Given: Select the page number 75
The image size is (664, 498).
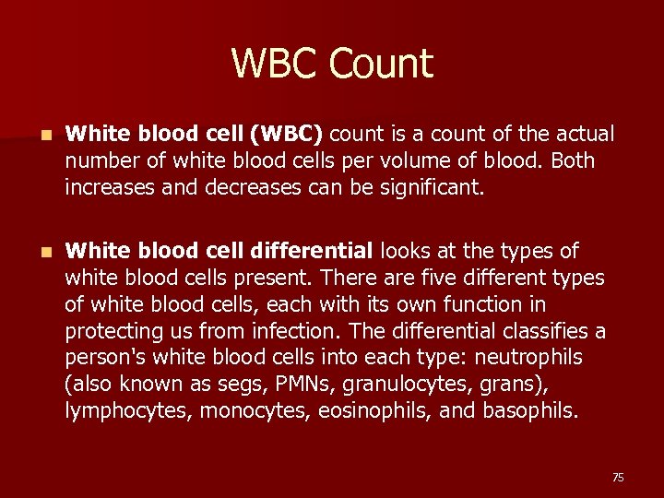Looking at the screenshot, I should coord(617,477).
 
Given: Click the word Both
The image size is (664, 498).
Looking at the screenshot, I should coord(573,160).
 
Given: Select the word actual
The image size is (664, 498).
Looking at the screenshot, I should coord(582,135).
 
